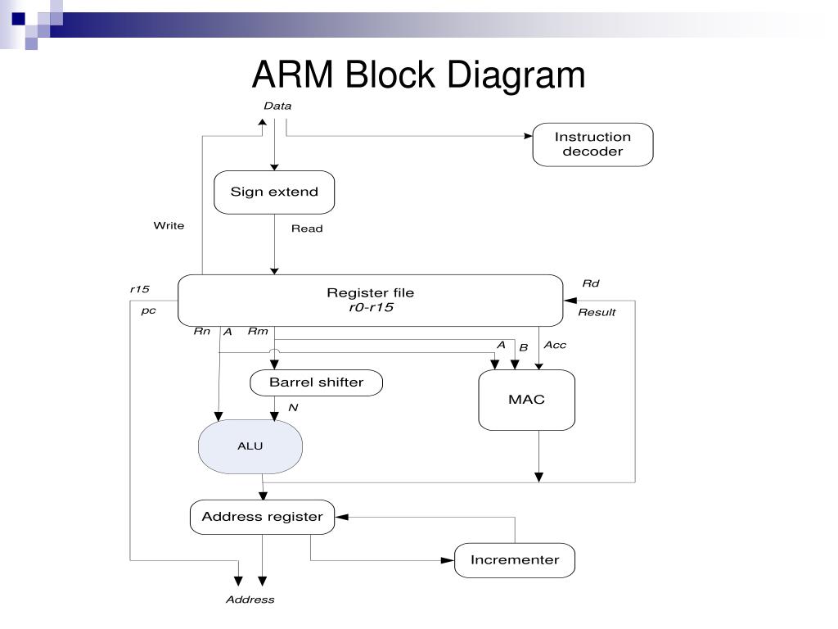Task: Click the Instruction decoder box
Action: click(592, 144)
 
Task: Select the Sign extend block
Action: click(274, 192)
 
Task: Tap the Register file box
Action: click(371, 301)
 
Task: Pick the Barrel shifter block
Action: click(317, 383)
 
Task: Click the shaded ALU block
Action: click(250, 446)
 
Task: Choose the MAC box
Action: click(527, 400)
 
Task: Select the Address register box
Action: click(263, 518)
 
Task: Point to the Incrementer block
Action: click(515, 560)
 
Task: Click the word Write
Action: click(169, 226)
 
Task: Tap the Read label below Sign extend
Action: click(307, 229)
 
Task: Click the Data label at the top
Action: click(277, 106)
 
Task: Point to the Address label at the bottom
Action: click(250, 600)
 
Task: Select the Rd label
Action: click(591, 283)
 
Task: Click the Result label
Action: click(597, 312)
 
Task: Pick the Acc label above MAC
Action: click(555, 345)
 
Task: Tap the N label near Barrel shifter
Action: click(293, 408)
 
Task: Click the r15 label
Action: click(139, 289)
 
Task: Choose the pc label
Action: click(148, 310)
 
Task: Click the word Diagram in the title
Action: click(516, 75)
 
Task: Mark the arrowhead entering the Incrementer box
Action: click(448, 560)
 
